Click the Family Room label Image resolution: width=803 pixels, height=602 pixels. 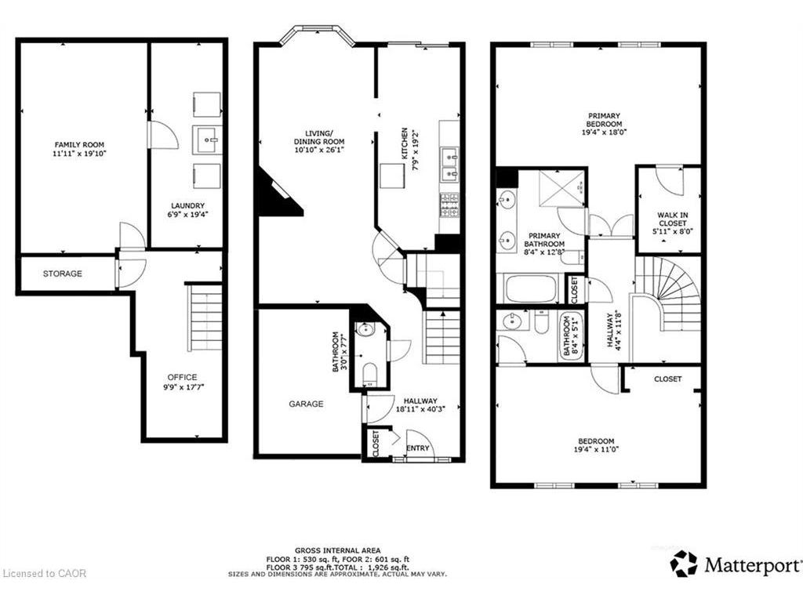[79, 145]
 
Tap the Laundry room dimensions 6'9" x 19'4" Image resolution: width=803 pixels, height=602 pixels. [187, 215]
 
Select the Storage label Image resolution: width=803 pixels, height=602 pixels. [63, 274]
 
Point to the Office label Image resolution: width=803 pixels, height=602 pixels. [182, 377]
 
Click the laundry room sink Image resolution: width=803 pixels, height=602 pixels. [207, 140]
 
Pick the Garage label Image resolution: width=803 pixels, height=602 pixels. [307, 404]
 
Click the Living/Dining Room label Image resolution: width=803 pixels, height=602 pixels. [319, 137]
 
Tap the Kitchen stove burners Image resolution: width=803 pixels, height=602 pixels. [449, 205]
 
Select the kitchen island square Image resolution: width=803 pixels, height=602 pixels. [392, 176]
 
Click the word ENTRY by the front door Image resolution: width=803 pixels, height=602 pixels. [418, 448]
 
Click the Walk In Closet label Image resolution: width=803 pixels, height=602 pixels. [673, 219]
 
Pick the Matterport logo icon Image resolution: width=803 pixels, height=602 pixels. [684, 564]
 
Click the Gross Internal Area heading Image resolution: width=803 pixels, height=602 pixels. [337, 551]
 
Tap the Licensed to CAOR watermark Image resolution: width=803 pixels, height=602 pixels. [44, 573]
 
